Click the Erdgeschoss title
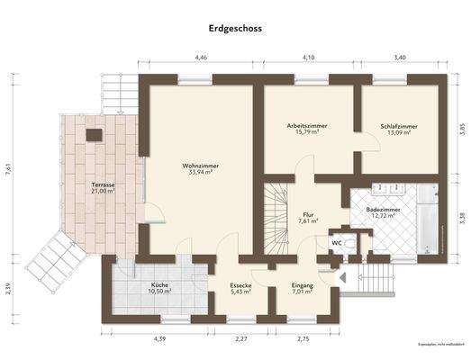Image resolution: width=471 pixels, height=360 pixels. [x=235, y=29]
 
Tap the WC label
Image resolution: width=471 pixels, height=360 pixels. [x=336, y=243]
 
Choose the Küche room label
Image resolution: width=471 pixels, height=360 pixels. [x=159, y=289]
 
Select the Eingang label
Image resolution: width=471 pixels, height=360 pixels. [x=302, y=289]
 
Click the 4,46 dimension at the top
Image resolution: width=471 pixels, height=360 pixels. [x=201, y=58]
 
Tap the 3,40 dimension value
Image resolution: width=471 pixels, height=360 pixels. [x=400, y=58]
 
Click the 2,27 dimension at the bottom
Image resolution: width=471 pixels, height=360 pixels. [x=241, y=338]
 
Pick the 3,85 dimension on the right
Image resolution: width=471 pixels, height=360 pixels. [x=460, y=127]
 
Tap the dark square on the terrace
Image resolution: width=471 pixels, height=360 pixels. [x=94, y=135]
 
